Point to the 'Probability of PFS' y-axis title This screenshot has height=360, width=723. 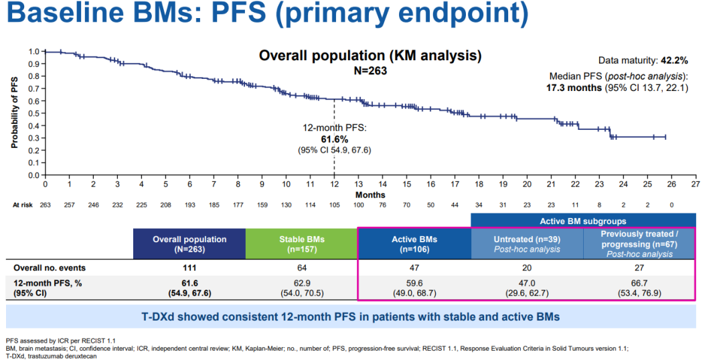tap(14, 112)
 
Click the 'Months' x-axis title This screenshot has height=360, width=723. tap(370, 195)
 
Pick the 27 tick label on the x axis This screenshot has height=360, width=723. tap(696, 184)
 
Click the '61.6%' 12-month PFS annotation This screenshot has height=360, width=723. tap(334, 138)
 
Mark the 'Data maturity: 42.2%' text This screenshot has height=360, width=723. tap(643, 60)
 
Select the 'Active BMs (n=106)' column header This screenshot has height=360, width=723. tap(414, 244)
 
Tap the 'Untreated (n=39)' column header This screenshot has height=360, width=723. tap(526, 239)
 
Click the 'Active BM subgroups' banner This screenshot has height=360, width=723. tap(583, 220)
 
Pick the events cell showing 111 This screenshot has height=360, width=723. tap(189, 268)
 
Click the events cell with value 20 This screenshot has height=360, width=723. tap(526, 268)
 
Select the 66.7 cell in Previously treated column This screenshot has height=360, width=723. tap(639, 283)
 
